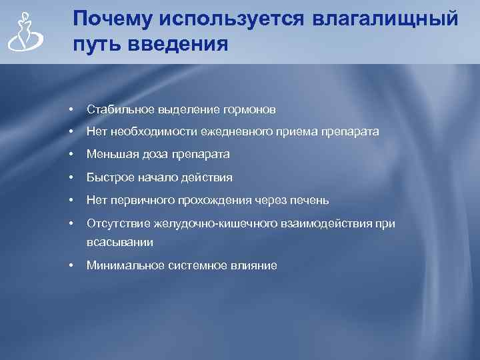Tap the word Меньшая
click(x=109, y=155)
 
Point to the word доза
click(x=149, y=155)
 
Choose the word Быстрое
click(x=108, y=178)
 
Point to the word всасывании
click(x=120, y=243)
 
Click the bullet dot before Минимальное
click(x=70, y=265)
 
